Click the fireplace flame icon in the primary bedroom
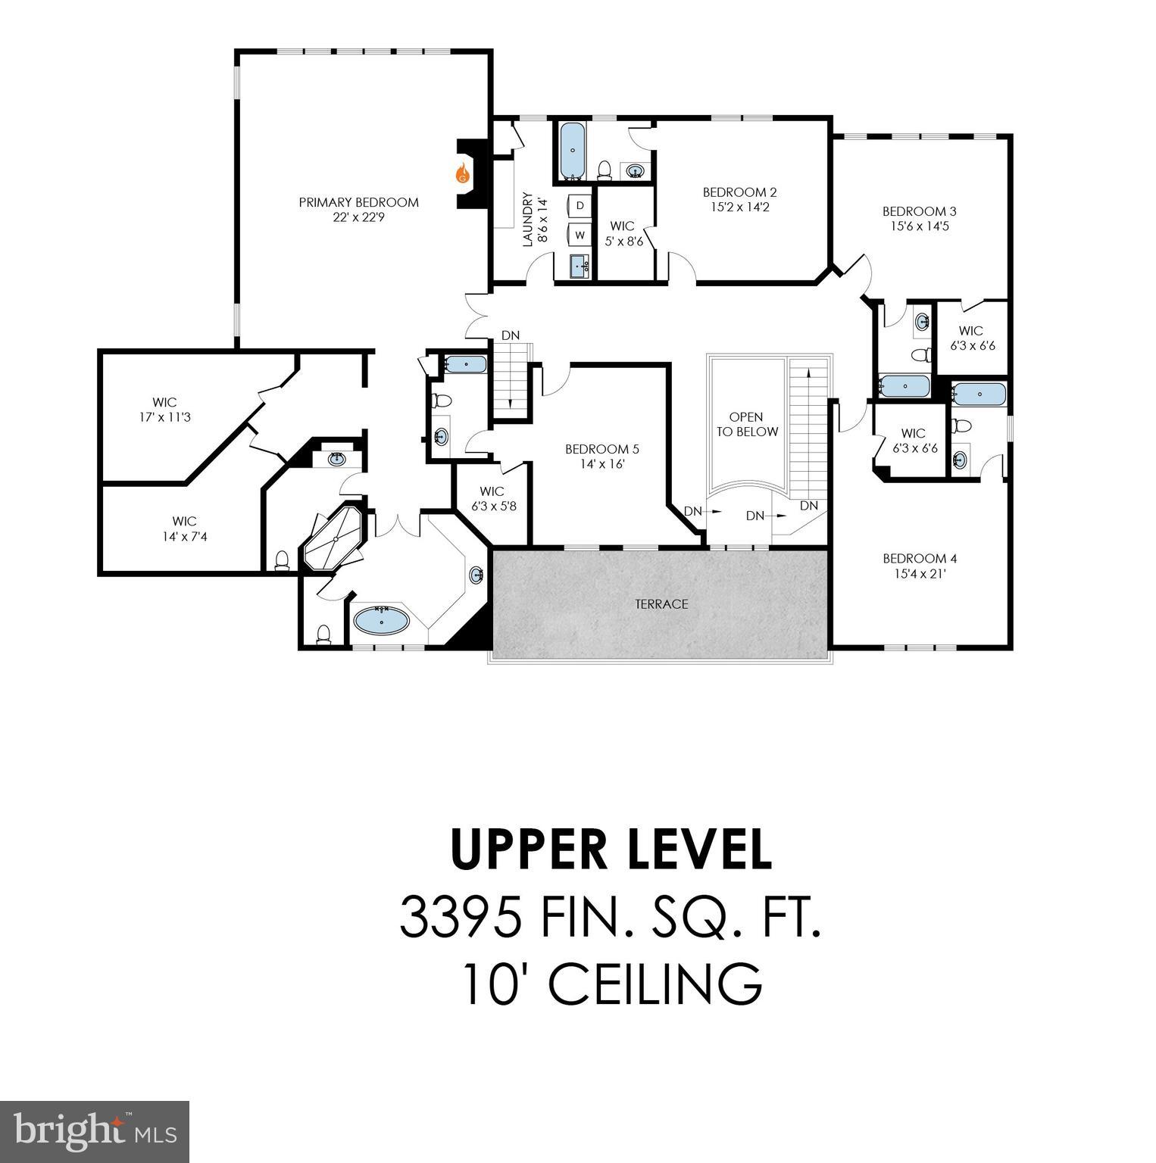point(462,174)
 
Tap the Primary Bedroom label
point(358,202)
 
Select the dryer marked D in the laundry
point(580,206)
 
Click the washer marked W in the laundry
point(580,235)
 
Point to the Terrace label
point(661,603)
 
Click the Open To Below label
point(746,424)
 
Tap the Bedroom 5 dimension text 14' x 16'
point(597,464)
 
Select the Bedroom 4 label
point(920,559)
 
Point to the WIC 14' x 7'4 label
point(184,528)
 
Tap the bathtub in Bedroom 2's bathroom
point(573,150)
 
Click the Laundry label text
point(528,220)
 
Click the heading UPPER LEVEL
point(611,850)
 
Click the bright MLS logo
point(95,1131)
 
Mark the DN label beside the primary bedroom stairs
point(511,335)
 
